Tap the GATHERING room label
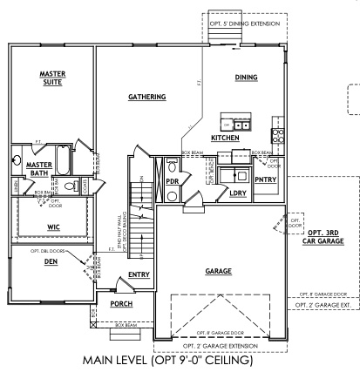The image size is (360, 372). pyautogui.click(x=146, y=97)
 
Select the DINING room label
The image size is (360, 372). pyautogui.click(x=246, y=78)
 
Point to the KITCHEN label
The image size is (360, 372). pyautogui.click(x=226, y=138)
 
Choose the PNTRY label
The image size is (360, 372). pyautogui.click(x=265, y=180)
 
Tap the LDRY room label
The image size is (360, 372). pyautogui.click(x=236, y=194)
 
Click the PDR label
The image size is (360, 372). pyautogui.click(x=173, y=180)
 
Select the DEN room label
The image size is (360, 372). pyautogui.click(x=47, y=260)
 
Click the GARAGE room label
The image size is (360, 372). pyautogui.click(x=218, y=272)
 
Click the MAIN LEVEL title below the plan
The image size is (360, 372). pyautogui.click(x=178, y=359)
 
